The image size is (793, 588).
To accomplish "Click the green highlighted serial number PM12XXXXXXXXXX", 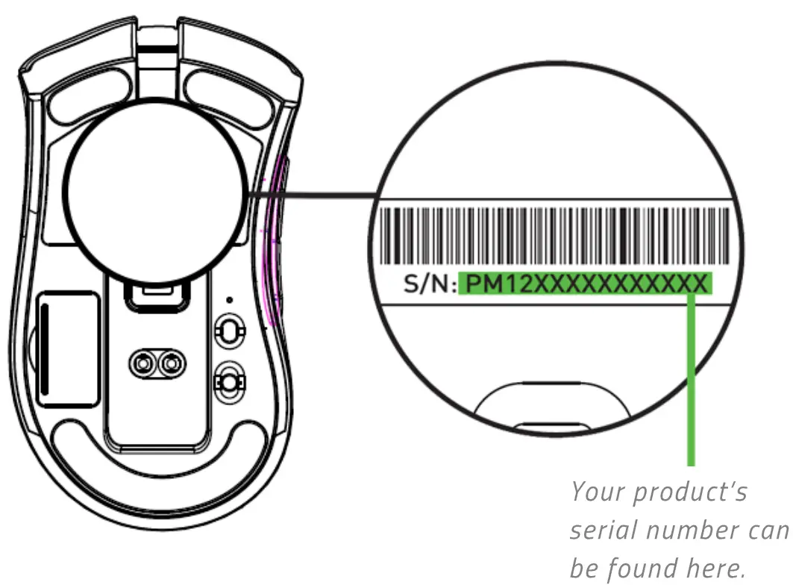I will (585, 284).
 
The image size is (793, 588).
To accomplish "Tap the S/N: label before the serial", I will (430, 284).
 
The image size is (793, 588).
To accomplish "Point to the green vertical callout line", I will (691, 381).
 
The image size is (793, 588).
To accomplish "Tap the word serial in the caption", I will (603, 531).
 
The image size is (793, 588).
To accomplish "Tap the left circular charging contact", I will (142, 363).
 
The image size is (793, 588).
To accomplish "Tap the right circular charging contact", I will (171, 363).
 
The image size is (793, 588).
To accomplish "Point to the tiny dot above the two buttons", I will (228, 300).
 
